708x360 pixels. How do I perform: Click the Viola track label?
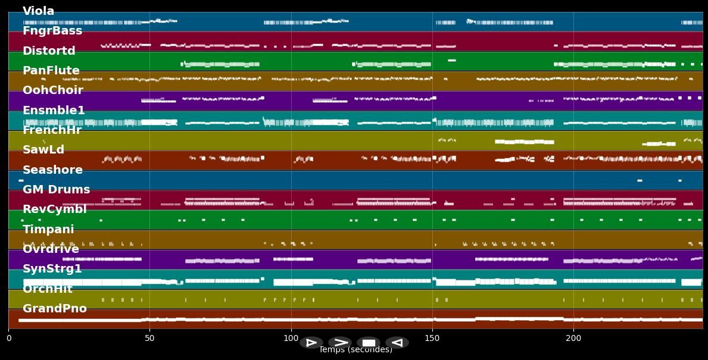(38, 11)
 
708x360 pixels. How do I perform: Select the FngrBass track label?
(52, 31)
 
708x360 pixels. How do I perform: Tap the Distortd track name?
(49, 51)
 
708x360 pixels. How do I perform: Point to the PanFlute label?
(51, 71)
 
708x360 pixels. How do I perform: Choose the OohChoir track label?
(52, 90)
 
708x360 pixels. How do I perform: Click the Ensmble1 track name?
(54, 111)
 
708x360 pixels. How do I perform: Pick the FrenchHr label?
(52, 130)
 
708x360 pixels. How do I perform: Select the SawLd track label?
(43, 150)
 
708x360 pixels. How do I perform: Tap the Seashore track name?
(52, 170)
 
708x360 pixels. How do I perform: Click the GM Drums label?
(56, 190)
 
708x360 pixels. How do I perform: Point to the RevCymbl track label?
(54, 209)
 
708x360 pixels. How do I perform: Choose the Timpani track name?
(48, 230)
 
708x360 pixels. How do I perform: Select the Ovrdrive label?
(51, 249)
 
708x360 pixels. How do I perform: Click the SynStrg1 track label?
(52, 269)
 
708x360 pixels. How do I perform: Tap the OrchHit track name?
(48, 289)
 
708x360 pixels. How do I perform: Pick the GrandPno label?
(54, 309)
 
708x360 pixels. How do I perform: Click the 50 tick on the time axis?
(149, 339)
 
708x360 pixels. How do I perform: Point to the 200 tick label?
(573, 339)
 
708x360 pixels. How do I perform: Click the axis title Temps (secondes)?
(355, 350)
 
